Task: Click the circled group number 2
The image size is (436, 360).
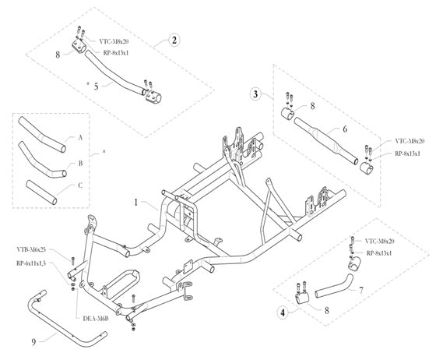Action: pos(174,39)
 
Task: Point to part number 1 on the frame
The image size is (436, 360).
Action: pos(135,202)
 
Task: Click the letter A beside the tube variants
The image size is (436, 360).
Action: pos(79,137)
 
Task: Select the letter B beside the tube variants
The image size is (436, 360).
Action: pos(79,165)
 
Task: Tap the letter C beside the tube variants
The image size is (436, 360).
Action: pos(79,186)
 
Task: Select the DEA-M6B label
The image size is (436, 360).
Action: pos(94,318)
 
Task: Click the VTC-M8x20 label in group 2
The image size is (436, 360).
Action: pos(117,39)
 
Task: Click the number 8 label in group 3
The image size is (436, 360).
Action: pos(313,104)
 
